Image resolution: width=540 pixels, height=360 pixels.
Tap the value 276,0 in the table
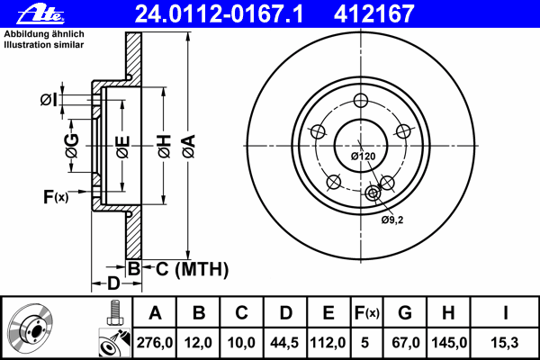156,343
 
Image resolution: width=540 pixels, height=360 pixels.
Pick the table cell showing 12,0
199,343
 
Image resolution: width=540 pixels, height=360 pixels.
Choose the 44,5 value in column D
285,343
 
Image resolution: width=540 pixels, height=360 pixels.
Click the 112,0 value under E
328,343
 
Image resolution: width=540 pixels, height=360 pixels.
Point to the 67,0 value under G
405,343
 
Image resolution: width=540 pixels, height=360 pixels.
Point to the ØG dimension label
71,143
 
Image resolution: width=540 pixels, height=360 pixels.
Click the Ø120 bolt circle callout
363,156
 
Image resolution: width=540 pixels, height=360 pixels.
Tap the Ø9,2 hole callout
390,219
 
